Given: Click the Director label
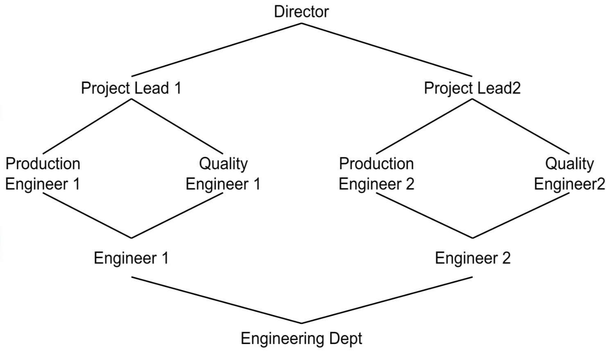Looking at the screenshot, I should coord(301,11).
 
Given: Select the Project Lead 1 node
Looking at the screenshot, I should coord(131,88).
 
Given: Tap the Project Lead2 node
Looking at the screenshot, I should coord(472,88).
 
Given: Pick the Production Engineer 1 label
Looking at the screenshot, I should coord(43,174).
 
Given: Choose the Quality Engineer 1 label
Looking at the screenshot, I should coord(223,174).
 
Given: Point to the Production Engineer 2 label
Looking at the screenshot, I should coord(376,174).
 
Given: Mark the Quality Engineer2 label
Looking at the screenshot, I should coord(569,174).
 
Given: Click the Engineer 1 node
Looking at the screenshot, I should coord(131,258).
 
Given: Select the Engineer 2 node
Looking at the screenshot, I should coord(473,258).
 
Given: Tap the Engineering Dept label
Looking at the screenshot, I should coord(301,339).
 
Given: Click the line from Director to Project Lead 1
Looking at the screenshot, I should coord(217,50).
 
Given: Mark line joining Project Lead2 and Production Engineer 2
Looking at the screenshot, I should coord(424,126).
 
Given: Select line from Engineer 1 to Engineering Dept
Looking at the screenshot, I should coord(216,300).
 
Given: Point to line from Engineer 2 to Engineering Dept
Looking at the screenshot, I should coord(387,300).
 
